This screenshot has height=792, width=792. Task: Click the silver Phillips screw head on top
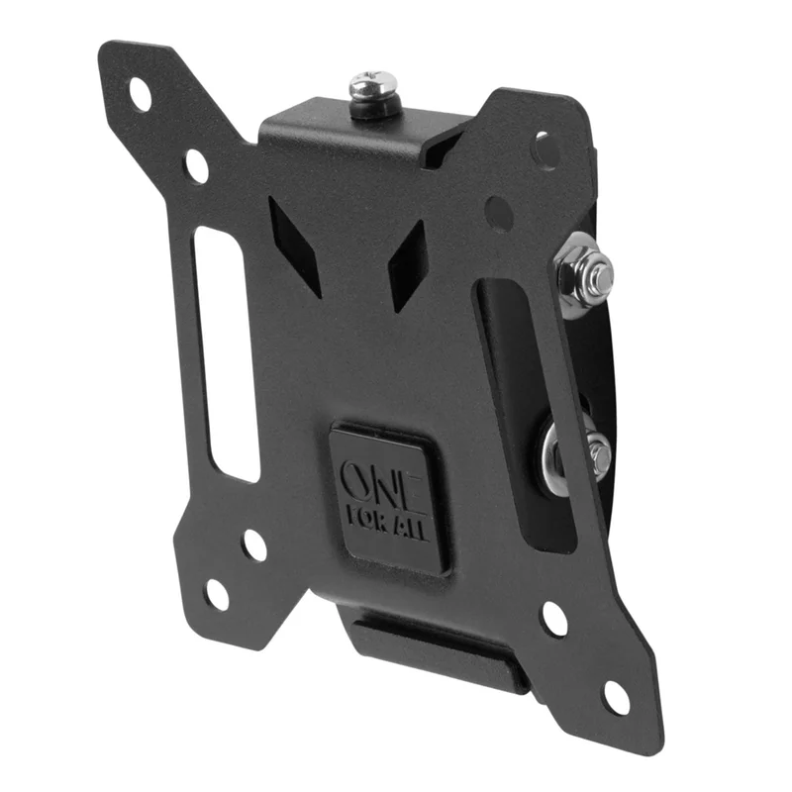click(x=374, y=85)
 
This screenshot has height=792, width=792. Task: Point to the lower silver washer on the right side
click(x=554, y=452)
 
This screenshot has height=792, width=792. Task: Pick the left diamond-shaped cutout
click(x=295, y=246)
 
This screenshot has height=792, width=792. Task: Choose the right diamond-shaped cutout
click(x=407, y=264)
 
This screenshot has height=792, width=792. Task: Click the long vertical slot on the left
click(x=227, y=353)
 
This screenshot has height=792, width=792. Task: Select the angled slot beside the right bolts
click(x=526, y=415)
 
